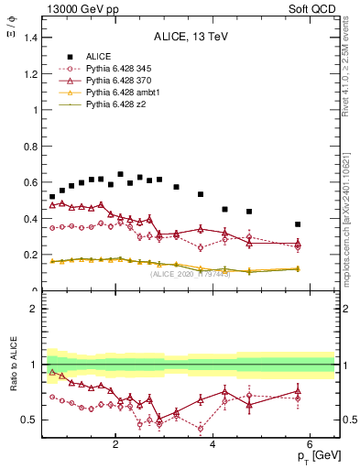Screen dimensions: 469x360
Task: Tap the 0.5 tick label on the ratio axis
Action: coord(29,420)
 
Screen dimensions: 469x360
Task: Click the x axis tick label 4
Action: coord(213,444)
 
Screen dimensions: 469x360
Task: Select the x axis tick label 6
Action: coord(310,444)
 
